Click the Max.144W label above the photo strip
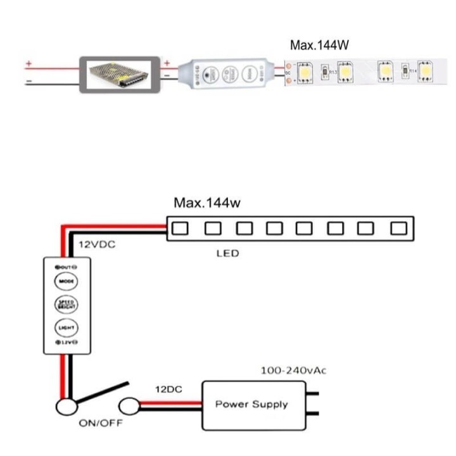pos(320,45)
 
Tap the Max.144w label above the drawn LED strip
pos(207,203)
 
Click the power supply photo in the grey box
pos(118,74)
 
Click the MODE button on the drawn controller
pos(66,281)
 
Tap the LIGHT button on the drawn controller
pos(66,327)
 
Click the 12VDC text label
pos(98,244)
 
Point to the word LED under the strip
pos(227,254)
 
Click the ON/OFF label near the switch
pos(101,422)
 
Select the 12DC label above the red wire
pos(168,389)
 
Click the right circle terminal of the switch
pos(129,405)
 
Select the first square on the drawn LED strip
pos(180,227)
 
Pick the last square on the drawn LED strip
pos(398,227)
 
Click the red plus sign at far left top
pos(28,63)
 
